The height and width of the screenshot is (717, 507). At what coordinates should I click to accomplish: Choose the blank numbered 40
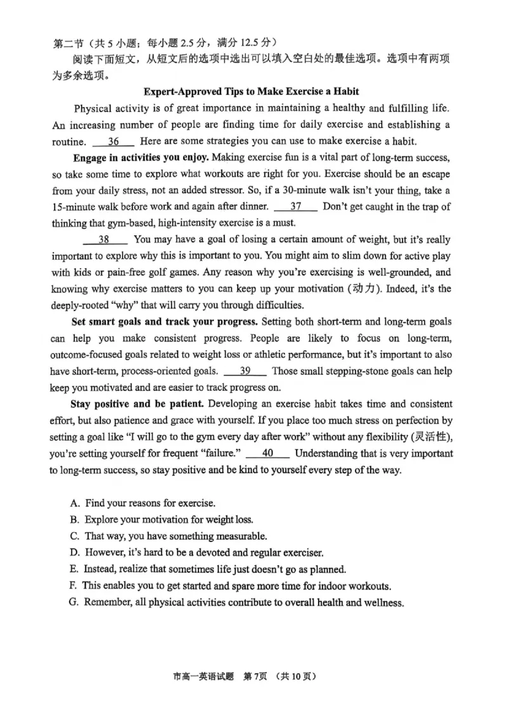[x=267, y=453]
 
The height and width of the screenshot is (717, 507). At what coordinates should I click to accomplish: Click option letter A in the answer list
[x=75, y=504]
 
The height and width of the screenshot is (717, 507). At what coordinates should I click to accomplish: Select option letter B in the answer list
[x=75, y=519]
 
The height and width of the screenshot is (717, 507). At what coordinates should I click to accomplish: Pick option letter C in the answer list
[x=75, y=536]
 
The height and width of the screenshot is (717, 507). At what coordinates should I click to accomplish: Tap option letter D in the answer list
[x=75, y=552]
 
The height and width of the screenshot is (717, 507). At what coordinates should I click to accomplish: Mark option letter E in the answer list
[x=75, y=569]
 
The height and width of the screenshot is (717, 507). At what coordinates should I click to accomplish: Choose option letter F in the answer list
[x=74, y=585]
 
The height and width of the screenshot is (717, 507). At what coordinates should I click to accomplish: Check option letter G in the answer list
[x=74, y=602]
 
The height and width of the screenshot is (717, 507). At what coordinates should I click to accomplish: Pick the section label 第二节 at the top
[x=66, y=42]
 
